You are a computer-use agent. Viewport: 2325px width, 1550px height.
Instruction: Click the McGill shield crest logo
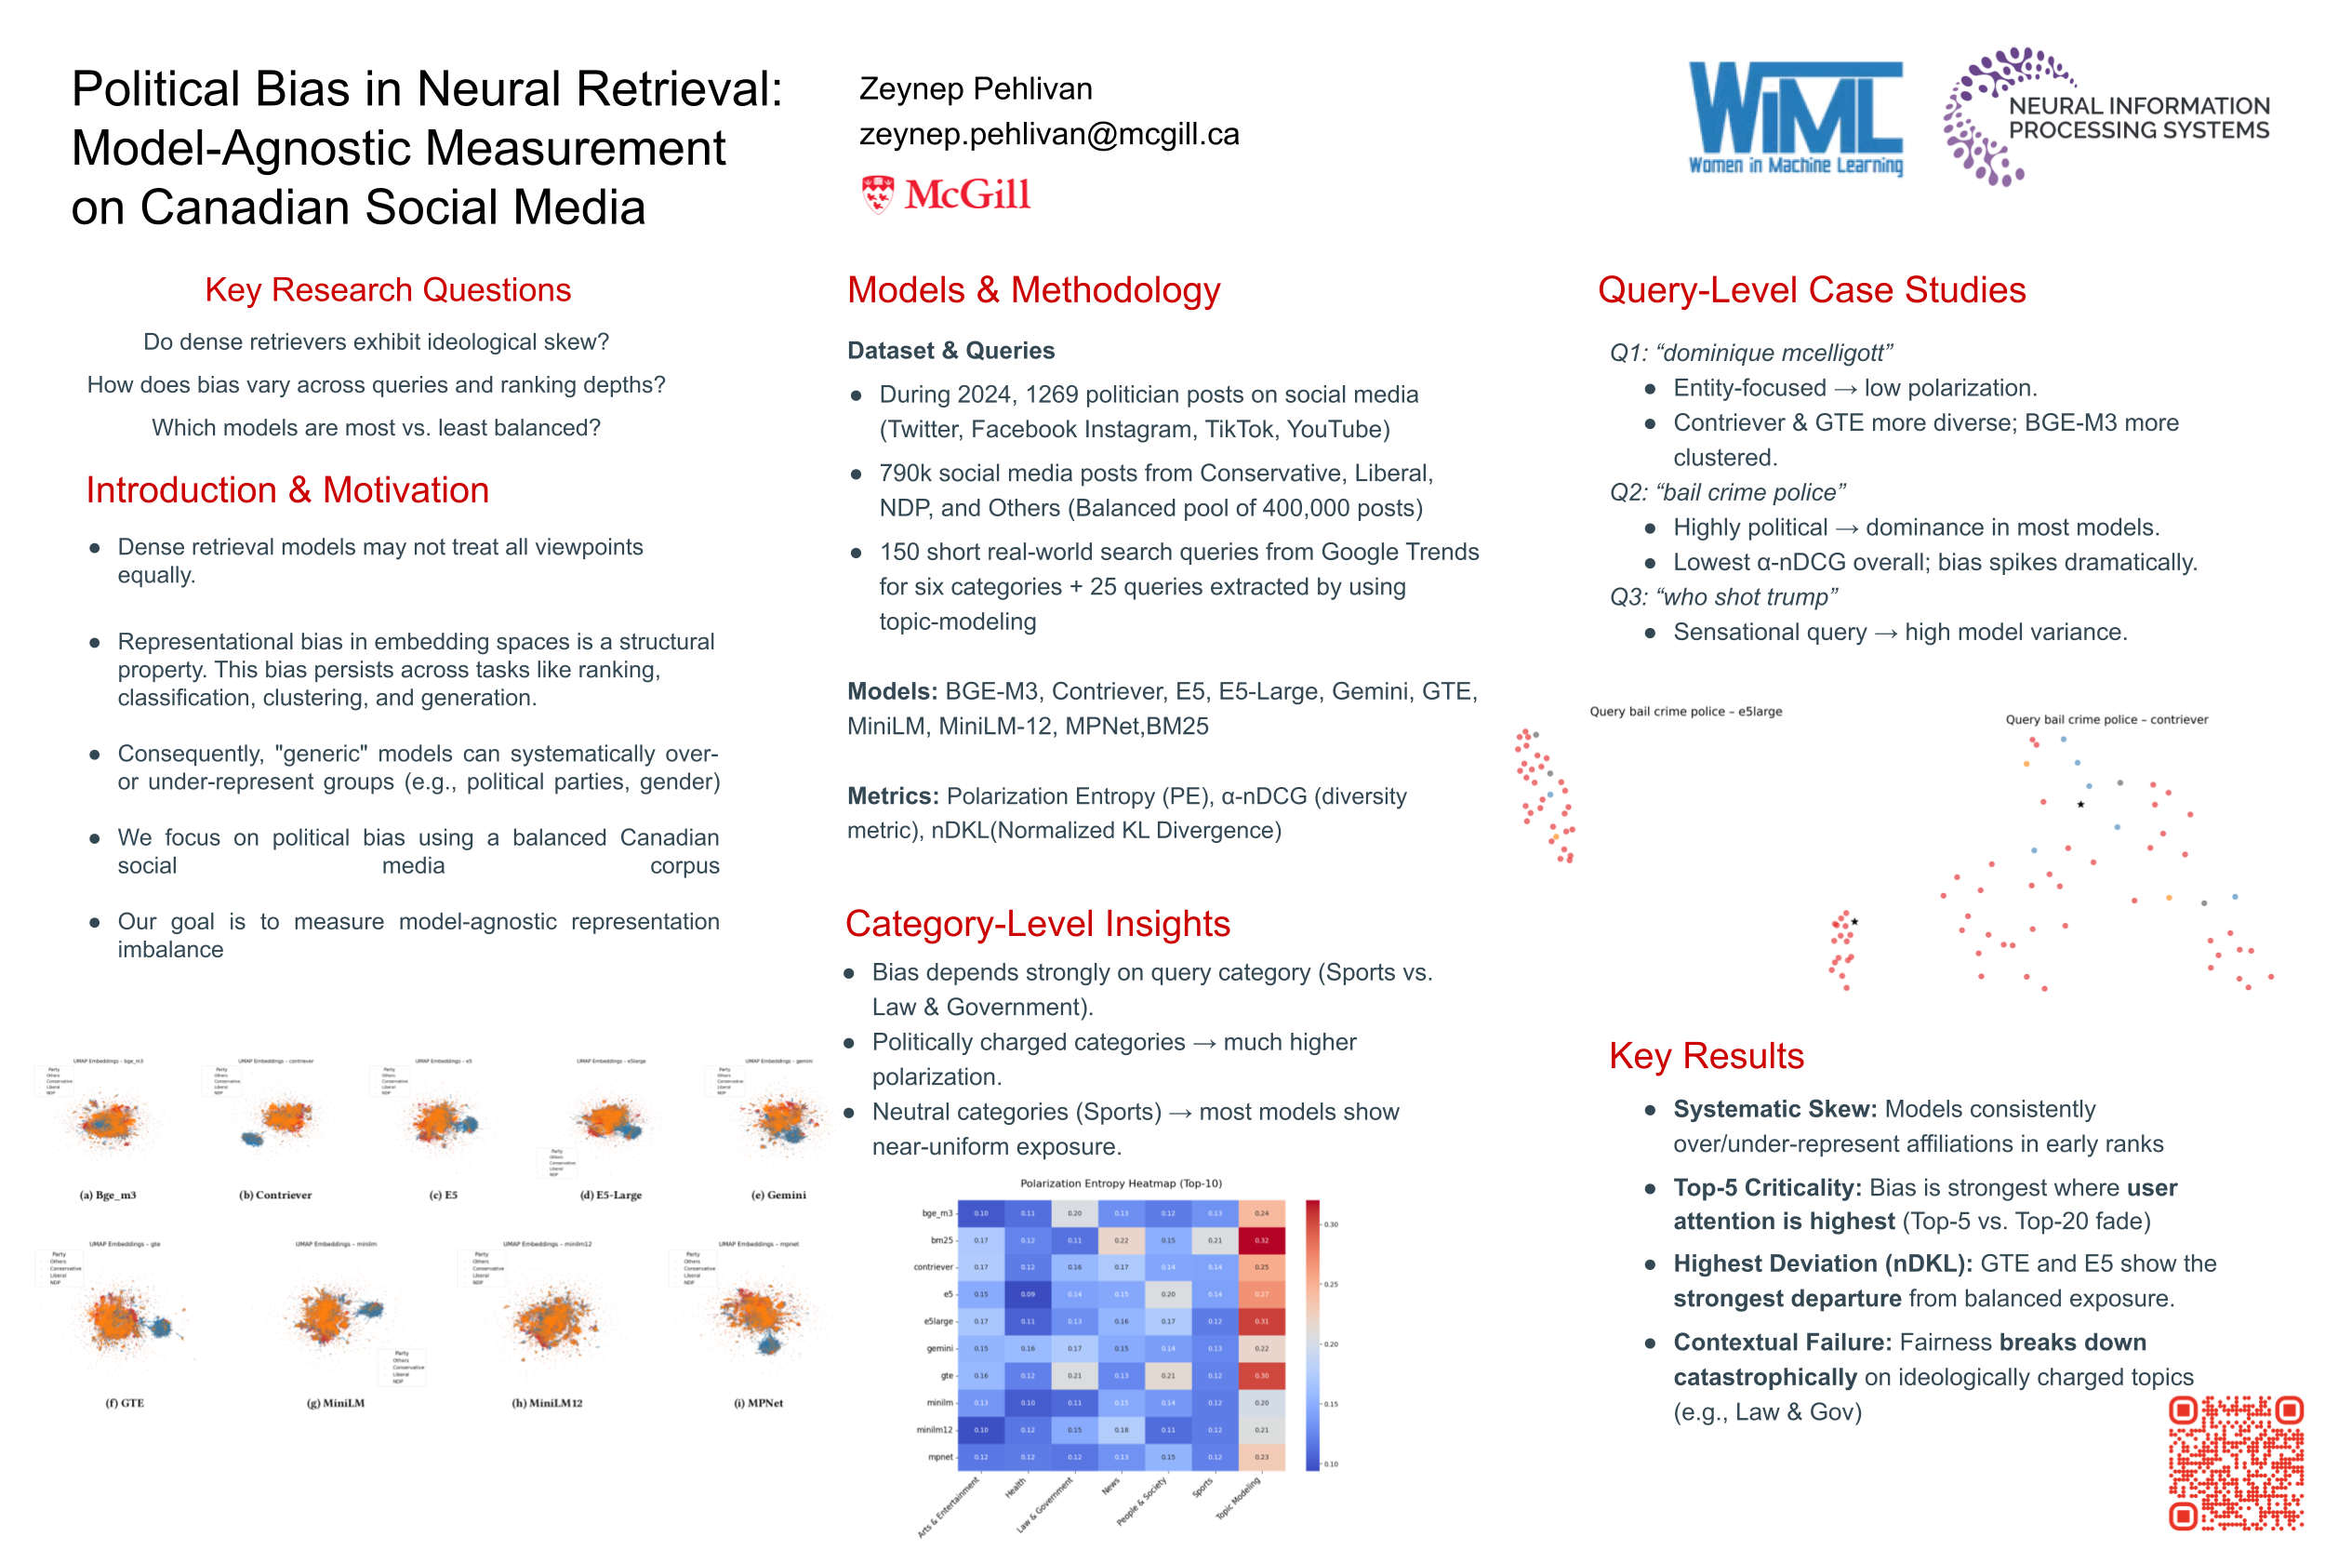[876, 194]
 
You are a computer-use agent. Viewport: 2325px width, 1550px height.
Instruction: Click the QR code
[2235, 1463]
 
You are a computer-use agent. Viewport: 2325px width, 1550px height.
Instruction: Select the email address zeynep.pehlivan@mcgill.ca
[1048, 134]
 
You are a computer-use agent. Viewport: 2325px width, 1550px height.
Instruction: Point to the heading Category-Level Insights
[1037, 923]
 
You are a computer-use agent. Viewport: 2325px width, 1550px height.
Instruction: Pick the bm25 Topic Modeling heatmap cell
[1261, 1239]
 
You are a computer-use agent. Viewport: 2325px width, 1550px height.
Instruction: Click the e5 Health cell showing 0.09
[1028, 1294]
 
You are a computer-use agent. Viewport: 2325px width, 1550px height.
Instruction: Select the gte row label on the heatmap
[946, 1375]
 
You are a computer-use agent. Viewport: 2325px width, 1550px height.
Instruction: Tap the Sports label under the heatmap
[1202, 1488]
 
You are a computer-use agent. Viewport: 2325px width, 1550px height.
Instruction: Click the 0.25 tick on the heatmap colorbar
[1331, 1284]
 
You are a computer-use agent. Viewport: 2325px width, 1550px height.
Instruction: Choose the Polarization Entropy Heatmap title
[1121, 1183]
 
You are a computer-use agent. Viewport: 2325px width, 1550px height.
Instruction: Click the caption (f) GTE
[125, 1403]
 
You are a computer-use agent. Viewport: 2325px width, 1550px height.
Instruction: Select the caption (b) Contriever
[274, 1196]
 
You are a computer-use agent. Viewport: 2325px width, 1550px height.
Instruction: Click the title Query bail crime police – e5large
[1685, 712]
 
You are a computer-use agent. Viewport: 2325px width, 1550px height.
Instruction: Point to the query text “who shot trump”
[1746, 597]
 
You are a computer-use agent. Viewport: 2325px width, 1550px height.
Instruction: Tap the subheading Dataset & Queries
[950, 351]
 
